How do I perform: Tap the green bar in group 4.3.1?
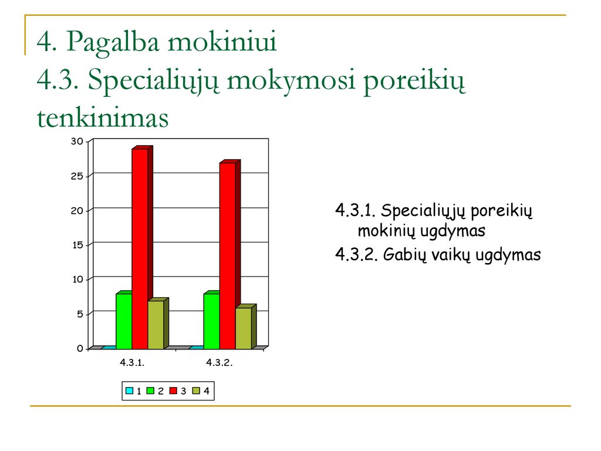(x=124, y=320)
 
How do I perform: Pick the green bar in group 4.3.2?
(x=211, y=320)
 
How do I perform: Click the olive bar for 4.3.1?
(x=158, y=324)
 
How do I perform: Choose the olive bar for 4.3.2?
(x=246, y=327)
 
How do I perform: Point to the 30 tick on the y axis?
(x=77, y=142)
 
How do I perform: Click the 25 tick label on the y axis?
(x=77, y=176)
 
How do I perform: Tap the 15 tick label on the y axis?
(x=77, y=245)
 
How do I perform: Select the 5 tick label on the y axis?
(x=80, y=314)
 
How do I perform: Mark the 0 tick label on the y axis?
(x=80, y=349)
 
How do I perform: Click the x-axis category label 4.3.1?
(x=132, y=363)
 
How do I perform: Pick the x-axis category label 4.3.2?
(x=220, y=363)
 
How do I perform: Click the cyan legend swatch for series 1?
(x=129, y=391)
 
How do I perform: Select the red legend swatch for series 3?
(x=174, y=391)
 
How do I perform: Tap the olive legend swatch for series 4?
(x=196, y=391)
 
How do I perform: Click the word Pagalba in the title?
(x=113, y=42)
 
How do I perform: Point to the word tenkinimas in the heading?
(x=103, y=118)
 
